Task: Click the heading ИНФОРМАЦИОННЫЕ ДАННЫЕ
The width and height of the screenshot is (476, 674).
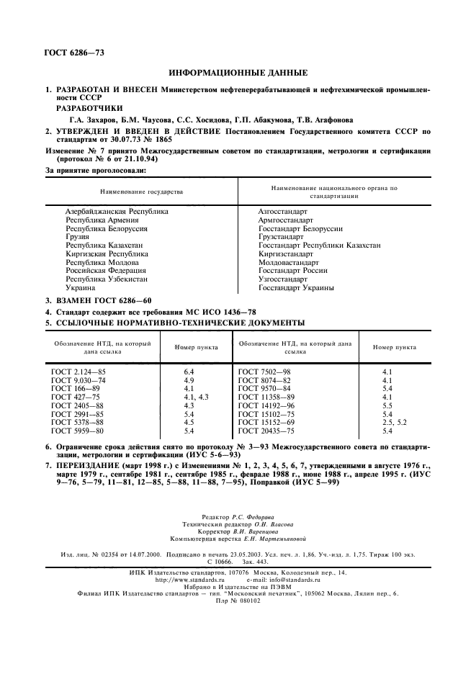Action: (x=238, y=73)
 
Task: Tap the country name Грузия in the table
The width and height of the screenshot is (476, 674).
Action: (x=77, y=237)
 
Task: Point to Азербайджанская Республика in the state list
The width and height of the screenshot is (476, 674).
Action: (x=117, y=212)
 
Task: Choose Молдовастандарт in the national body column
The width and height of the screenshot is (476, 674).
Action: (x=288, y=263)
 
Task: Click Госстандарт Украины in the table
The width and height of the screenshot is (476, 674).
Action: (x=296, y=288)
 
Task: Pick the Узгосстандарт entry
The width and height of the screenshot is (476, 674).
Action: (x=283, y=279)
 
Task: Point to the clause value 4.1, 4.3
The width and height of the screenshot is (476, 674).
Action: (x=195, y=397)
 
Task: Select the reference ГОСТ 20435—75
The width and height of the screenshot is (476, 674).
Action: (x=266, y=431)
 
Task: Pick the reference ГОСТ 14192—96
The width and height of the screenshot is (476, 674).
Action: (x=266, y=406)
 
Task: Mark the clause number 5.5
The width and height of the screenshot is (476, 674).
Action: (x=387, y=406)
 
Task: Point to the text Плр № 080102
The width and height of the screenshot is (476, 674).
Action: (x=238, y=601)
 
